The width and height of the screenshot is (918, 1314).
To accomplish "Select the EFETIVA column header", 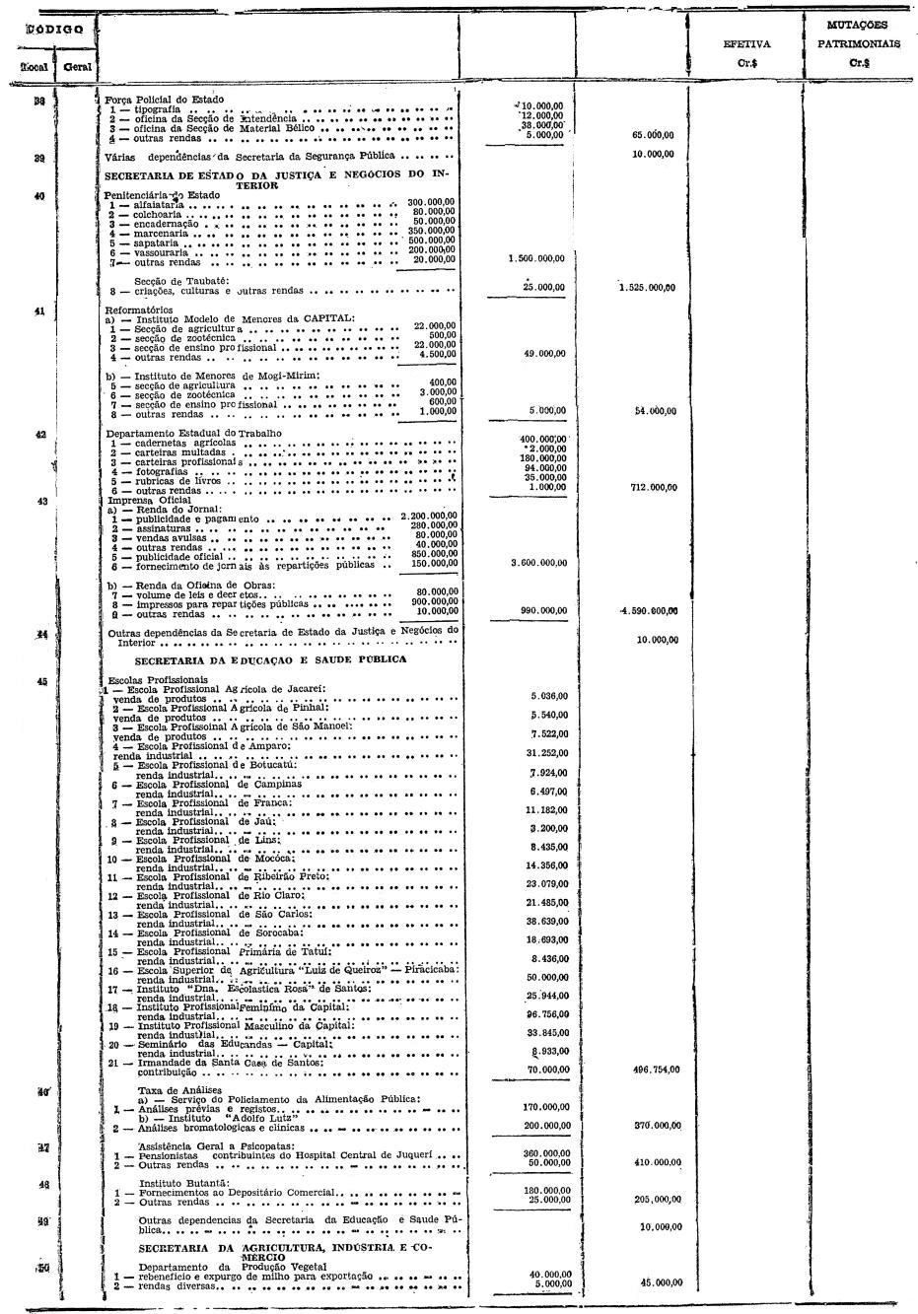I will pyautogui.click(x=746, y=44).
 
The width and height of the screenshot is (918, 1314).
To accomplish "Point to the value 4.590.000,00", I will pyautogui.click(x=649, y=611).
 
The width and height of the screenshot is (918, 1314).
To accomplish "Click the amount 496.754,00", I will pyautogui.click(x=655, y=1069).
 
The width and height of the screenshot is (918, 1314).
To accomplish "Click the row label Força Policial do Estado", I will pyautogui.click(x=165, y=100).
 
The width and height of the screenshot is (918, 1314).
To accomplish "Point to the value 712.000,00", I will pyautogui.click(x=653, y=486).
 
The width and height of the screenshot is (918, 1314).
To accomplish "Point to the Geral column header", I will pyautogui.click(x=75, y=67).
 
